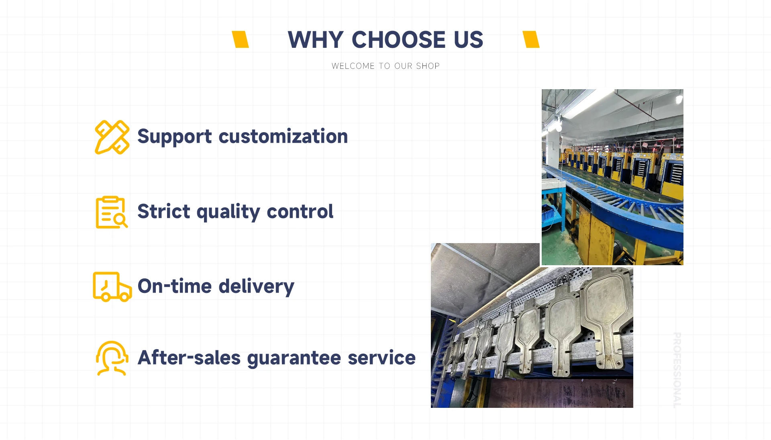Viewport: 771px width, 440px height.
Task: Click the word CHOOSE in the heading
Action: [398, 40]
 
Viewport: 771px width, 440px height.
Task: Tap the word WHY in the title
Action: [316, 40]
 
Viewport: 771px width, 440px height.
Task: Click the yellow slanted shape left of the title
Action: [241, 39]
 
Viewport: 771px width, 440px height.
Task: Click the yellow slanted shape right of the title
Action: [531, 39]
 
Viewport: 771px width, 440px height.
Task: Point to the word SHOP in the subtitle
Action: [428, 66]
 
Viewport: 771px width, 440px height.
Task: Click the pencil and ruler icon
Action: [112, 137]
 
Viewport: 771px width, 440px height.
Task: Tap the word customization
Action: [283, 136]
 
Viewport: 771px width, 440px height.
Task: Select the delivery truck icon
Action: [112, 287]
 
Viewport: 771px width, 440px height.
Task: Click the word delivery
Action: [256, 287]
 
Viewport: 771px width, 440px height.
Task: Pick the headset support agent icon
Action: [112, 358]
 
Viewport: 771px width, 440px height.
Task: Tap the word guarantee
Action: [294, 358]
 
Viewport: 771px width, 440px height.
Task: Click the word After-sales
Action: [189, 357]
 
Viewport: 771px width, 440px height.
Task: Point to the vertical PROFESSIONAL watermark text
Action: [677, 370]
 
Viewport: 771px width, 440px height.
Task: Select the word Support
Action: [175, 137]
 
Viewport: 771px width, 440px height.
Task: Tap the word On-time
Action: [175, 286]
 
